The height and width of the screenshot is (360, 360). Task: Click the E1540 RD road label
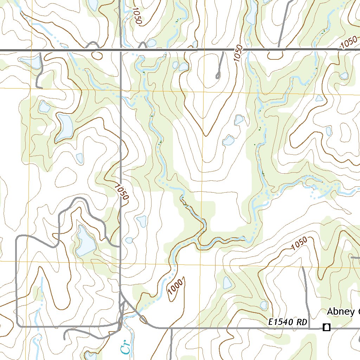[288, 322]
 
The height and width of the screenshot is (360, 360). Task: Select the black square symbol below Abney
[327, 327]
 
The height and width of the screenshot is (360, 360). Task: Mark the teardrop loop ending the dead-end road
[218, 75]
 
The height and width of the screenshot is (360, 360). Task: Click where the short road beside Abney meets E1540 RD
[309, 328]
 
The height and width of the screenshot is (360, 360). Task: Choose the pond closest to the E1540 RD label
[264, 305]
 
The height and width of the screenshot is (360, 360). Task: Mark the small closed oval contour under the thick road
[97, 55]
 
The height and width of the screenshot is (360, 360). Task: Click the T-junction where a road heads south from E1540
[171, 329]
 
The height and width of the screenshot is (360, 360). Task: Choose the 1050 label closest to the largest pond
[121, 191]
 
